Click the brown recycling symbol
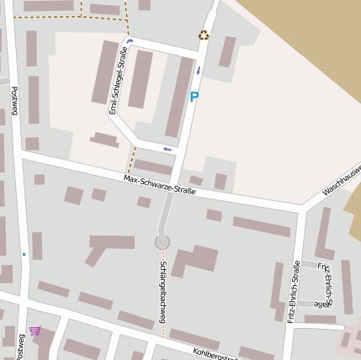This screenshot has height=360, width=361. tap(203, 35)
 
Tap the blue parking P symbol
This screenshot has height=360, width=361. tap(194, 97)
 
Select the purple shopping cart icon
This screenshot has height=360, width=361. tap(35, 331)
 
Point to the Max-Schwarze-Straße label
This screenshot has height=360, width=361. tap(159, 184)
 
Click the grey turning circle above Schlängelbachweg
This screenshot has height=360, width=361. tap(162, 242)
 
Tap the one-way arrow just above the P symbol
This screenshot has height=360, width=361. tap(199, 71)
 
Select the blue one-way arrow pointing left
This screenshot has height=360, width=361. tap(167, 149)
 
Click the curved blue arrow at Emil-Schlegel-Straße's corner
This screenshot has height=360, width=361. tap(130, 40)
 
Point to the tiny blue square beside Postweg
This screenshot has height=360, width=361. tap(24, 253)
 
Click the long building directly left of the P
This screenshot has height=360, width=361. tap(178, 96)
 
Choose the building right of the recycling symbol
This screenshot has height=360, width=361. tap(227, 51)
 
